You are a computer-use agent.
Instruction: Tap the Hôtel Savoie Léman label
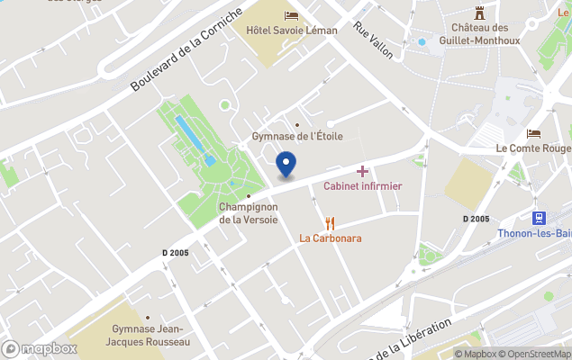click(x=291, y=31)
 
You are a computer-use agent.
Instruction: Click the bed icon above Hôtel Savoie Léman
click(x=291, y=15)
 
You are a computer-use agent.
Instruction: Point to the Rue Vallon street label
click(x=374, y=40)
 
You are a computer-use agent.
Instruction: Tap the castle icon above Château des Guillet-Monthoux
click(x=479, y=13)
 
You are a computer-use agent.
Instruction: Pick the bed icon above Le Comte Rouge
click(x=533, y=133)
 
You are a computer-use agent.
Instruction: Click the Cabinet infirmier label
click(x=362, y=186)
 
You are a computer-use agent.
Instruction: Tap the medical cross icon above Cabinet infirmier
click(x=362, y=171)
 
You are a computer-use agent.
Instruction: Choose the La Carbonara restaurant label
click(x=331, y=238)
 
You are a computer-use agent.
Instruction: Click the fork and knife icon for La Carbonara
click(x=331, y=223)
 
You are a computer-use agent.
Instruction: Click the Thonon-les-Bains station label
click(x=534, y=233)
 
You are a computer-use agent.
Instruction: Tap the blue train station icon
click(x=540, y=218)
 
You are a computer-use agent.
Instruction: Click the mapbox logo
click(x=41, y=348)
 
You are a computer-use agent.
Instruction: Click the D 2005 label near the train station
click(x=476, y=219)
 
